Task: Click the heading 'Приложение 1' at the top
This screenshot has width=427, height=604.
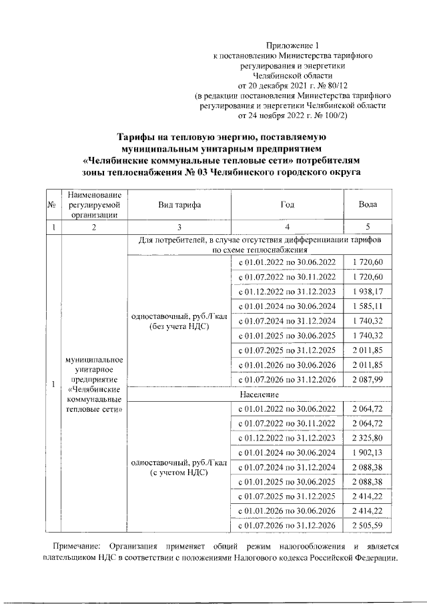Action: tap(297, 45)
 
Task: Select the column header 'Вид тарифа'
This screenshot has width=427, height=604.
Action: tap(179, 206)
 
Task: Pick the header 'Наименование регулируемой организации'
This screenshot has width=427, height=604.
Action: tap(93, 205)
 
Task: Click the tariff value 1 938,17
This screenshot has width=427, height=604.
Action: tap(368, 292)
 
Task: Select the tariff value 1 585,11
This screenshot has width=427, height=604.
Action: tap(368, 307)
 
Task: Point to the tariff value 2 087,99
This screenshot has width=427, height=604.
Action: tap(368, 380)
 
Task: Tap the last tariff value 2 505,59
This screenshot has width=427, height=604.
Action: tap(368, 526)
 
